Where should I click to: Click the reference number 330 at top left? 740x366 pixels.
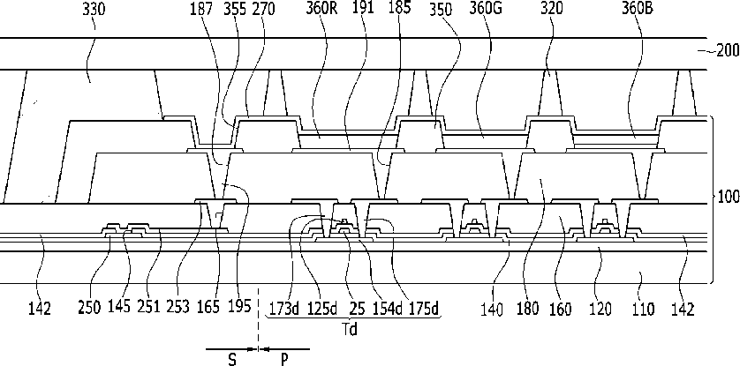pyautogui.click(x=94, y=10)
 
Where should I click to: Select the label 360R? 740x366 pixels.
pyautogui.click(x=321, y=10)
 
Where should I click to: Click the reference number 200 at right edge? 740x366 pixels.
pyautogui.click(x=728, y=50)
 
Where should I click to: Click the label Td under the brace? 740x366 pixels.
pyautogui.click(x=349, y=329)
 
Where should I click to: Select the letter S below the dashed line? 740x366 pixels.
pyautogui.click(x=231, y=360)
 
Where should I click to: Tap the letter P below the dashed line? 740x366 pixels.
pyautogui.click(x=284, y=360)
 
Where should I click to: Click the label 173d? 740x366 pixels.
pyautogui.click(x=284, y=309)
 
